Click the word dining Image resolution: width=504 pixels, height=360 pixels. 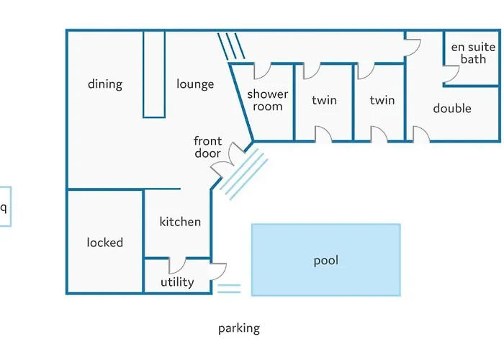pos(105,84)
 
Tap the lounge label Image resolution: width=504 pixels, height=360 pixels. pos(195,84)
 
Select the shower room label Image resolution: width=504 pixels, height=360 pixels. pos(268,100)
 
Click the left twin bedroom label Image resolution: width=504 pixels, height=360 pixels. pos(324,100)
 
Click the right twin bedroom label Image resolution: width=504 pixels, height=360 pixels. pos(382,100)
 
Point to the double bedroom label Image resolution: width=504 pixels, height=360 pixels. pos(452,109)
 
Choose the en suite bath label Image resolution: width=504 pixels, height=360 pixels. pos(473,53)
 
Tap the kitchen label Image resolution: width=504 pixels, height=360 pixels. pos(180,222)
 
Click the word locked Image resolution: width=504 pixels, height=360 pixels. pos(105,243)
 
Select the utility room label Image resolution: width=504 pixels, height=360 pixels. pos(177,282)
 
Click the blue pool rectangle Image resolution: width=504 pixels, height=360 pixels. pos(325,260)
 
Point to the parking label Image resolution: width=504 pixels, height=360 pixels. pos(239,328)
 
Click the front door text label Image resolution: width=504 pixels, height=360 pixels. pos(207,147)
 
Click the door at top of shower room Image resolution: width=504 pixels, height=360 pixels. pos(261,71)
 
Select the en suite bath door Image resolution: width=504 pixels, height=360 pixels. pos(452,74)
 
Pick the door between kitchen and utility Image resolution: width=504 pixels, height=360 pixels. pos(177,265)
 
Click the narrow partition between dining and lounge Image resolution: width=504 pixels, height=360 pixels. pos(154,73)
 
